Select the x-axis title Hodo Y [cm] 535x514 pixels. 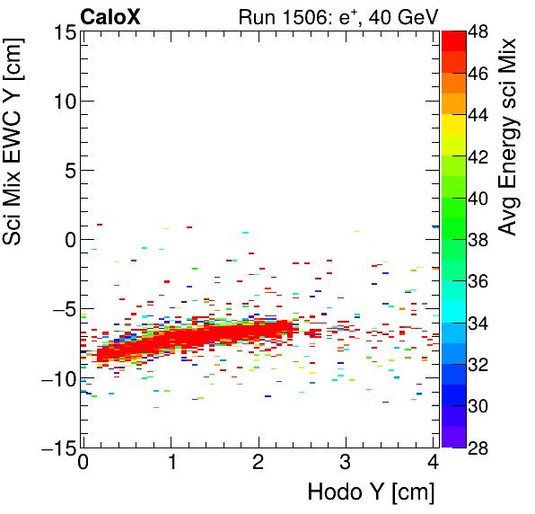click(371, 492)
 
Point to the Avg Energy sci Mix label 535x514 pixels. click(508, 135)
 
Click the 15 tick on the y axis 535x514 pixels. click(62, 32)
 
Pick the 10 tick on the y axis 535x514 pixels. click(62, 102)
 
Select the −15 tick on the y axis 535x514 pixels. click(58, 448)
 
